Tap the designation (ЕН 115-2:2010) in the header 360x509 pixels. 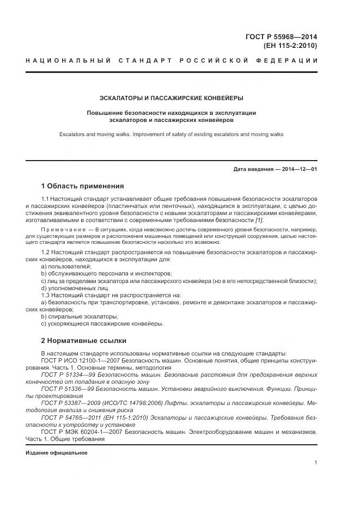(x=290, y=46)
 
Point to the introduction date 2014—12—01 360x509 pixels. (x=300, y=169)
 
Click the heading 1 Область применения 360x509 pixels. (x=82, y=186)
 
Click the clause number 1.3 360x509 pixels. (x=46, y=295)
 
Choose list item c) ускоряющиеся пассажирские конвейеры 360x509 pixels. (x=102, y=323)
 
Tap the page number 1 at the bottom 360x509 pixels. (x=316, y=463)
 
